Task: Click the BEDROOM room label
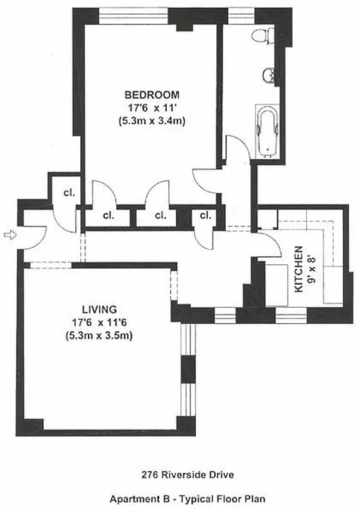tap(151, 94)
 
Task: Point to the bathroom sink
tap(269, 76)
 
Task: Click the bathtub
tap(266, 130)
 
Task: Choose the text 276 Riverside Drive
tap(180, 475)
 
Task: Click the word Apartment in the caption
tap(130, 498)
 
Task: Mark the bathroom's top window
tap(240, 13)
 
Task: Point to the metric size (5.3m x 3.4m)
tap(151, 121)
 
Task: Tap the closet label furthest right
tap(205, 215)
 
